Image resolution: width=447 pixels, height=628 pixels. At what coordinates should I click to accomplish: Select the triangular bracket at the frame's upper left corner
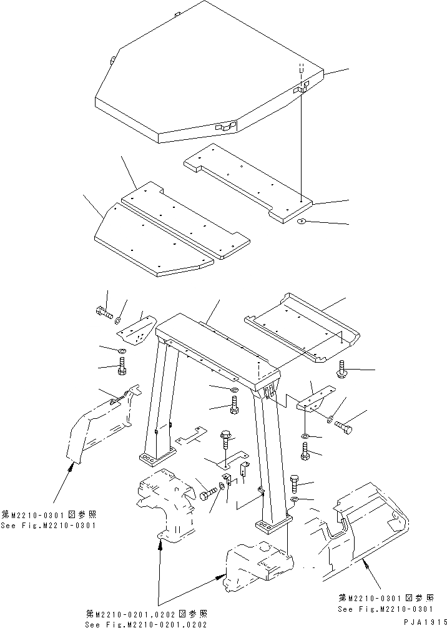pos(137,331)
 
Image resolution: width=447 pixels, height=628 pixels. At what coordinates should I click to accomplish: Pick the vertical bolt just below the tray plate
pos(342,370)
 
